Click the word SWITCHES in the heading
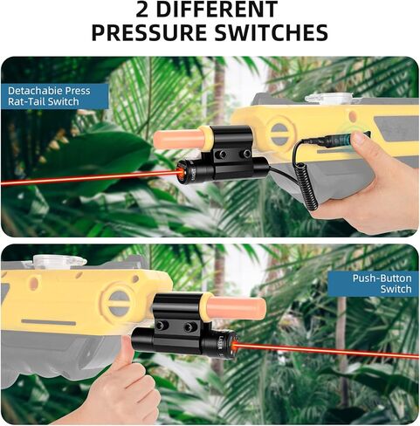pyautogui.click(x=272, y=32)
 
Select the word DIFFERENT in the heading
pyautogui.click(x=217, y=9)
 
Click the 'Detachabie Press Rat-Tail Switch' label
pyautogui.click(x=49, y=96)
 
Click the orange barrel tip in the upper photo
pyautogui.click(x=178, y=140)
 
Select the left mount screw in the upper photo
pyautogui.click(x=223, y=154)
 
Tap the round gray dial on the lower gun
pyautogui.click(x=119, y=302)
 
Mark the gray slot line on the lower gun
pyautogui.click(x=49, y=322)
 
